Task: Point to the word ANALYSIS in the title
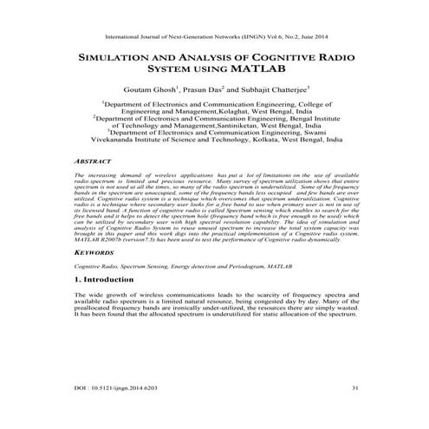tap(200, 63)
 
